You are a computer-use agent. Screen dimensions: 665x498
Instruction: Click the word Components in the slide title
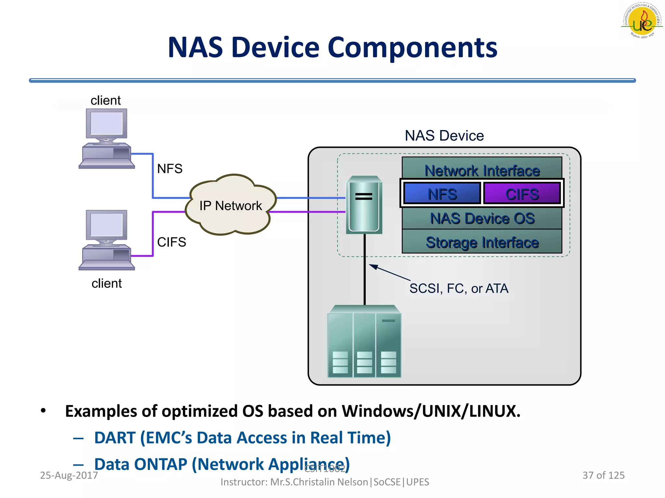pyautogui.click(x=412, y=48)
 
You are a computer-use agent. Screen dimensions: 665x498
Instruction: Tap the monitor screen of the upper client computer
pyautogui.click(x=106, y=124)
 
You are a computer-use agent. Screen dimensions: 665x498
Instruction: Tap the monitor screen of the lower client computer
pyautogui.click(x=106, y=225)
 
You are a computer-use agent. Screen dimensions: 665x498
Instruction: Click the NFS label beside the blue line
pyautogui.click(x=169, y=169)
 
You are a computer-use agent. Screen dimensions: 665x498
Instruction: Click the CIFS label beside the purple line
pyautogui.click(x=171, y=242)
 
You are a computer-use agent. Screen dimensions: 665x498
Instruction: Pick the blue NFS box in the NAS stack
pyautogui.click(x=442, y=194)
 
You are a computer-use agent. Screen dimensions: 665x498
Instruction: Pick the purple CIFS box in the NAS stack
pyautogui.click(x=522, y=194)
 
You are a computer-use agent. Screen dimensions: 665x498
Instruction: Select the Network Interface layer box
pyautogui.click(x=482, y=170)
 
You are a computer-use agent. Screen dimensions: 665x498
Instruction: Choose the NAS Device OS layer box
pyautogui.click(x=482, y=218)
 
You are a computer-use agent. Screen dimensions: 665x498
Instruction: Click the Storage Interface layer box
pyautogui.click(x=482, y=242)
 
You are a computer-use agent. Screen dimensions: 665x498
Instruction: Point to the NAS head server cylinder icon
pyautogui.click(x=364, y=205)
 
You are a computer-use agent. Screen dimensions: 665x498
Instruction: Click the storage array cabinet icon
pyautogui.click(x=364, y=342)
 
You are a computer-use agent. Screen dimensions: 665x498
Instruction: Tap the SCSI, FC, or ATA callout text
pyautogui.click(x=458, y=288)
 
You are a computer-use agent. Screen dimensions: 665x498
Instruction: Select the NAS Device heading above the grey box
pyautogui.click(x=444, y=136)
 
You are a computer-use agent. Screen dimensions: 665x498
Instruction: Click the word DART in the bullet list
pyautogui.click(x=115, y=438)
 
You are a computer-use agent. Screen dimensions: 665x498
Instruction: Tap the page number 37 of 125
pyautogui.click(x=603, y=475)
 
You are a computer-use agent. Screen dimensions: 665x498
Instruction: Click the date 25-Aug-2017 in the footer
pyautogui.click(x=69, y=475)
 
